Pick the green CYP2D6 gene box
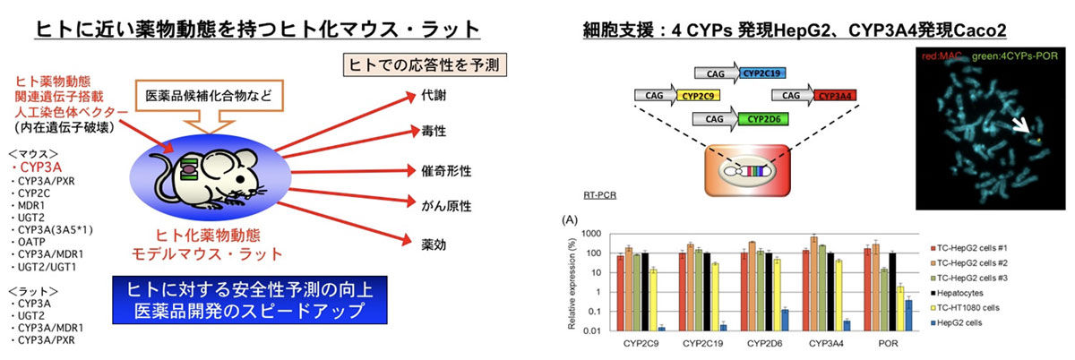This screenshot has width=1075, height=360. point(761,116)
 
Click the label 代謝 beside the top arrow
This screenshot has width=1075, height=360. point(421,93)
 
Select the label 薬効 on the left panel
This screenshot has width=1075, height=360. point(421,243)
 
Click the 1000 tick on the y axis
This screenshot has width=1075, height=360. point(594,233)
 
